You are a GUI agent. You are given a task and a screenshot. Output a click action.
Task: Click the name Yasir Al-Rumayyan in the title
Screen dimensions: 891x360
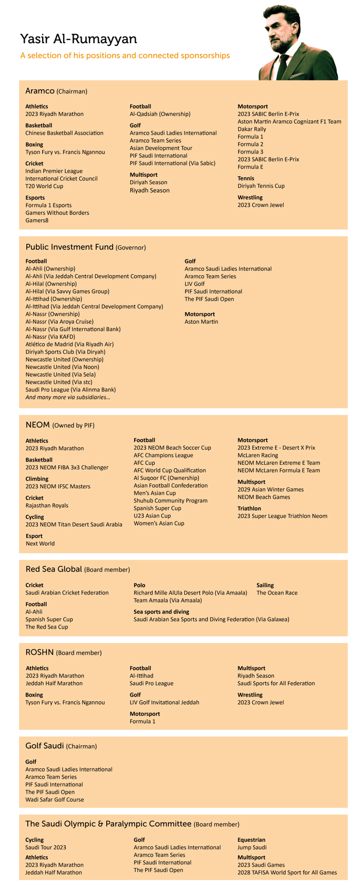coord(79,39)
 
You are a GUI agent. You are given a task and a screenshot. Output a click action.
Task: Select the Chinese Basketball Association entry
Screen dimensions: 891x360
coord(65,133)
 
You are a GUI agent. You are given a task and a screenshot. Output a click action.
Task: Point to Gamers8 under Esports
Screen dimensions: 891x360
coord(37,220)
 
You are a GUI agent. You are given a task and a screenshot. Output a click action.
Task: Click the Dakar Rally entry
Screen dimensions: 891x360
coord(252,129)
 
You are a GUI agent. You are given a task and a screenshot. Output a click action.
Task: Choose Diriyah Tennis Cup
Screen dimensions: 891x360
coord(261,186)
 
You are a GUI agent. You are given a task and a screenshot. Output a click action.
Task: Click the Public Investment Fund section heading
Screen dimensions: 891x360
coord(69,247)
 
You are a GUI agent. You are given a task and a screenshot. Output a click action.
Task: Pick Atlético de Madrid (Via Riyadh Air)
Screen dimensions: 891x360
coord(69,345)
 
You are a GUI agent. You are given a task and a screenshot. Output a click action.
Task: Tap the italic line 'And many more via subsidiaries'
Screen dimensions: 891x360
coord(68,397)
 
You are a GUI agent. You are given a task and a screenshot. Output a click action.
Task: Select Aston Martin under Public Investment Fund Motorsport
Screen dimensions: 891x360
coord(201,322)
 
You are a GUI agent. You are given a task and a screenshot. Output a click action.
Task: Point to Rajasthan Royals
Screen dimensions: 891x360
coord(47,505)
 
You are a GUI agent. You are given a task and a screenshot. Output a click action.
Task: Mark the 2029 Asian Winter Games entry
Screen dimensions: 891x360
coord(270,489)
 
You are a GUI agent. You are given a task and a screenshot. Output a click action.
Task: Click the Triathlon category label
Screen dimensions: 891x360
coord(249,509)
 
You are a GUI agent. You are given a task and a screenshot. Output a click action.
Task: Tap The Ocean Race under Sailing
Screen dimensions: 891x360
coord(277,593)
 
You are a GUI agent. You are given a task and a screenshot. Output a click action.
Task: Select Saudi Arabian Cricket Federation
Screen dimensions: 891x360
coord(67,593)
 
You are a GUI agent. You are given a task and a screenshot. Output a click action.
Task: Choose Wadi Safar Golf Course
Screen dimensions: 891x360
coord(54,800)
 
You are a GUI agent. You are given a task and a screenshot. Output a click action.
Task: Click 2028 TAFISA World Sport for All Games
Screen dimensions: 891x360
coord(287,872)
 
